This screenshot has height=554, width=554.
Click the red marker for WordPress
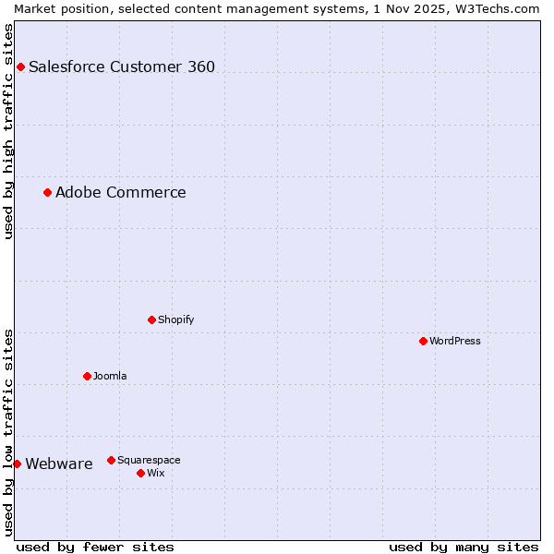click(x=423, y=341)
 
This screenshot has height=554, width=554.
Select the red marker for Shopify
click(x=151, y=319)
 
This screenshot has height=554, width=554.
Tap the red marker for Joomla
click(x=87, y=376)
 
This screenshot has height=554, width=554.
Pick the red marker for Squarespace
click(x=111, y=460)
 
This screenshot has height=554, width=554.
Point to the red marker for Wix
click(x=140, y=473)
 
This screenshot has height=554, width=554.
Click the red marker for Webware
click(x=17, y=464)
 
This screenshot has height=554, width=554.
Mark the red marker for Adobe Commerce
click(x=47, y=192)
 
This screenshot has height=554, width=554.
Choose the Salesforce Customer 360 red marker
click(x=20, y=66)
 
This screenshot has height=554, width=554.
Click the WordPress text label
click(x=454, y=341)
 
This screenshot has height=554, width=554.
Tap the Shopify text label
click(x=175, y=319)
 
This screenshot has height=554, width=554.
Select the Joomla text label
click(x=110, y=376)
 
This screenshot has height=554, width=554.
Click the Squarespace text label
click(x=149, y=460)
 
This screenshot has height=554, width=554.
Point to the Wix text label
click(x=155, y=473)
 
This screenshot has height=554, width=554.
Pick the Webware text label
click(x=59, y=464)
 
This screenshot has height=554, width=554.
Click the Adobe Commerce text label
click(x=121, y=192)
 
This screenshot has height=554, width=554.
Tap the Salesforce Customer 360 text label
click(x=122, y=66)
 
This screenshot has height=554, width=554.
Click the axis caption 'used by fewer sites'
click(x=95, y=547)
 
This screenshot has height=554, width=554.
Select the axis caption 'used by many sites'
click(x=464, y=547)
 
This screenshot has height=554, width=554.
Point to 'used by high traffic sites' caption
click(x=8, y=131)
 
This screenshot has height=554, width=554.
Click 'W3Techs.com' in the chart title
click(x=503, y=8)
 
